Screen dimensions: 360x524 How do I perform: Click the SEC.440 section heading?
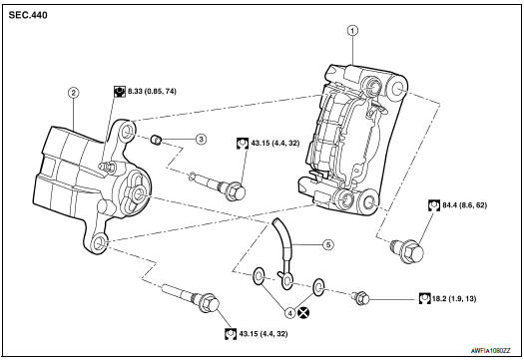[30, 15]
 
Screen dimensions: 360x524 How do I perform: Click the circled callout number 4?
[289, 313]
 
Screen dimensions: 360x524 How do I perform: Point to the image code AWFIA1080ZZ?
[488, 351]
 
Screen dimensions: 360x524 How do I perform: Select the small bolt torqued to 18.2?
[363, 296]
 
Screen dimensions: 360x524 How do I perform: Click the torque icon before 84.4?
[432, 205]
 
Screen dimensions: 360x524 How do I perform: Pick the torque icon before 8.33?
[118, 93]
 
